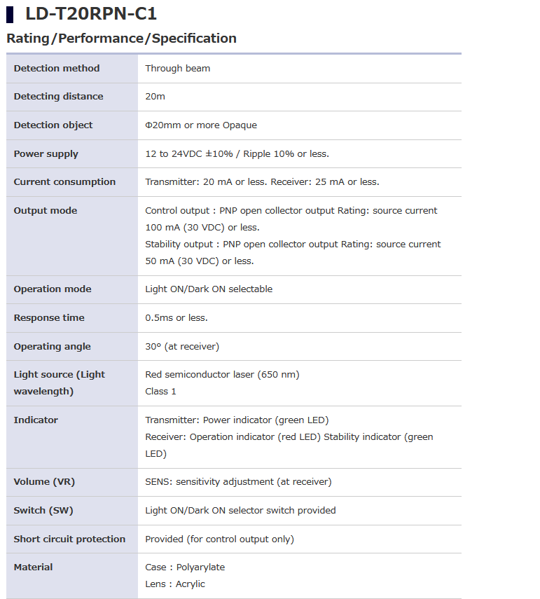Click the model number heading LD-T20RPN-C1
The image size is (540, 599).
pos(91,13)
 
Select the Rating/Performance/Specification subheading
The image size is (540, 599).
pos(121,39)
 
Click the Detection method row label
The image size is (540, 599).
pos(57,69)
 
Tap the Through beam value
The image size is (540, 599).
pos(177,69)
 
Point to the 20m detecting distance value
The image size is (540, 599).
pos(155,97)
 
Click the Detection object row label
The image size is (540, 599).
pos(53,125)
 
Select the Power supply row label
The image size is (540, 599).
pos(46,154)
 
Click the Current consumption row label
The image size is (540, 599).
pos(64,182)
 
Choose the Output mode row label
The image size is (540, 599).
pos(46,211)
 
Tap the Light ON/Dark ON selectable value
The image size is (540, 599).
pos(209,289)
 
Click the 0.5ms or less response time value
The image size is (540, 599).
pos(176,318)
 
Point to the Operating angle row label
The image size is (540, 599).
pos(53,347)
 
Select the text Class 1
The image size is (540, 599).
pos(160,392)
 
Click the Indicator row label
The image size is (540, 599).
pos(36,420)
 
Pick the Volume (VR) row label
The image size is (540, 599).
pos(44,482)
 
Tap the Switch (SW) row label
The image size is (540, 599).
pos(43,511)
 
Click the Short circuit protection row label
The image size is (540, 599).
pos(69,539)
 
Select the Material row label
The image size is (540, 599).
pos(33,567)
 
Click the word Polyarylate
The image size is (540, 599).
pos(200,567)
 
